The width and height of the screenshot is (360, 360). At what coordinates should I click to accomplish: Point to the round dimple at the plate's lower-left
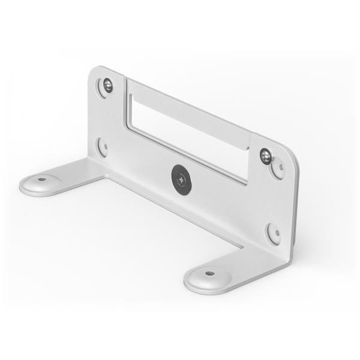point(103,147)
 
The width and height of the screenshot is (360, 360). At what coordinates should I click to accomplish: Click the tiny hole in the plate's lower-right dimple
point(274,233)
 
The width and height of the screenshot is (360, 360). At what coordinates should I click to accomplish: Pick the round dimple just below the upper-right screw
point(278,170)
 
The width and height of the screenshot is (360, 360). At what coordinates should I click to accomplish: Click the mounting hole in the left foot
point(41,179)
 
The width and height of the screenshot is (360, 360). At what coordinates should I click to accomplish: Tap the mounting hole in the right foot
point(209,273)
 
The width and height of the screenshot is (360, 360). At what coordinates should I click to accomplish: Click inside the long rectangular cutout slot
point(186,138)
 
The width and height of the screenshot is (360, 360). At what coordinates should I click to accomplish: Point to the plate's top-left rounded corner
point(94,73)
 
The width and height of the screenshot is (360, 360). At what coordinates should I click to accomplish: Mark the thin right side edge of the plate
point(295,204)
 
